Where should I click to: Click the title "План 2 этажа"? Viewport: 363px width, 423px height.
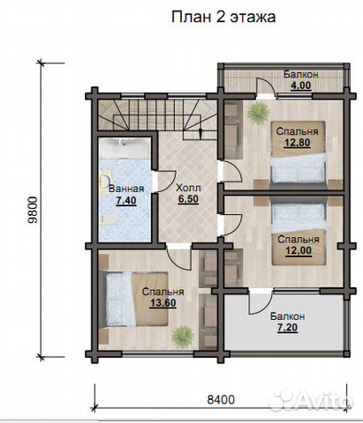223,18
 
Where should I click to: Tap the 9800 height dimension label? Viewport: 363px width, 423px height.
33,210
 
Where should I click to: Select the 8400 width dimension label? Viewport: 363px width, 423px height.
221,400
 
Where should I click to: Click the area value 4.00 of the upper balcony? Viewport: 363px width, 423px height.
301,85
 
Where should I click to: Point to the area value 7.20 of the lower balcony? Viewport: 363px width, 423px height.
287,328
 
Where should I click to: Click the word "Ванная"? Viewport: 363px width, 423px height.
126,189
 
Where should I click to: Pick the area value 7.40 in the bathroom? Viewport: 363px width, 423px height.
126,200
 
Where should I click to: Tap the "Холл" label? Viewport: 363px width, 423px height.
188,188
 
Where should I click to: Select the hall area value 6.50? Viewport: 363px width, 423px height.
188,199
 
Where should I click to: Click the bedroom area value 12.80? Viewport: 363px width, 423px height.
298,143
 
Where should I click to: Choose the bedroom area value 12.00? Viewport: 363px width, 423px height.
299,250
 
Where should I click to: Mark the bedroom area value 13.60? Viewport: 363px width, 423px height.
163,302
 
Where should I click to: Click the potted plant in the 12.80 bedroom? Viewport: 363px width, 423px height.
259,113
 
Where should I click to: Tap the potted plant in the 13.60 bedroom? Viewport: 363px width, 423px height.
183,337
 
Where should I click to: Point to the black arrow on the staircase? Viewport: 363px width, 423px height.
200,132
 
